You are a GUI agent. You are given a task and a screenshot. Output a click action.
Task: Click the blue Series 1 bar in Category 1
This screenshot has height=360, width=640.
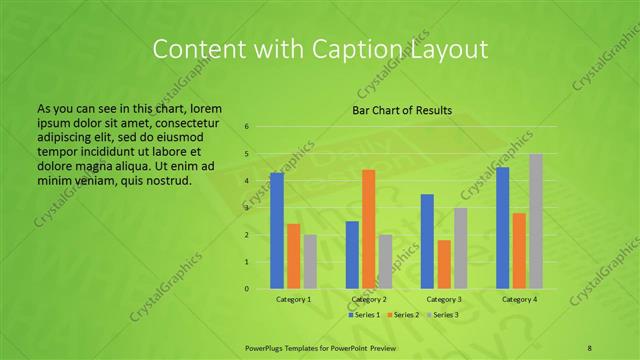click(277, 231)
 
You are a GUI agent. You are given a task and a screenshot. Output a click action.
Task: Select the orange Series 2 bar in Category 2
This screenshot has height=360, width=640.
click(368, 229)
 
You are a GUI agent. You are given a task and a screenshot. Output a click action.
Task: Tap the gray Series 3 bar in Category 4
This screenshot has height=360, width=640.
click(536, 221)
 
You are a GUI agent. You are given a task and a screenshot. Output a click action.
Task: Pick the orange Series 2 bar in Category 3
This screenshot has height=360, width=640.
click(443, 264)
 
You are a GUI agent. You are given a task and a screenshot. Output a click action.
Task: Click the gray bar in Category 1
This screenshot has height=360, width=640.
click(310, 262)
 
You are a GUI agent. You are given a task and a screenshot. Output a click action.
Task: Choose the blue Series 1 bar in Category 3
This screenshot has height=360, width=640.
click(427, 241)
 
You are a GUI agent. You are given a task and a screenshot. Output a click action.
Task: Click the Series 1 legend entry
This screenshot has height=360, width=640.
click(364, 315)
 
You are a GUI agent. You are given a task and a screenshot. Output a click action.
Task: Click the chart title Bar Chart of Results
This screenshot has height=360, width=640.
click(402, 110)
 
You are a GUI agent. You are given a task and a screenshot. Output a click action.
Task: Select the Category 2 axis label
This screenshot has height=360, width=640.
click(368, 299)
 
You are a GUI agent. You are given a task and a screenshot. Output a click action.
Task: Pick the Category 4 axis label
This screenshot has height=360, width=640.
click(518, 299)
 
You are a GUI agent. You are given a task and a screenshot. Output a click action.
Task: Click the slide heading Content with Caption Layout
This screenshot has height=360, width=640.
click(319, 49)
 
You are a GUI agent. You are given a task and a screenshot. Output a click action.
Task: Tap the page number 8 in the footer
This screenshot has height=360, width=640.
click(590, 346)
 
